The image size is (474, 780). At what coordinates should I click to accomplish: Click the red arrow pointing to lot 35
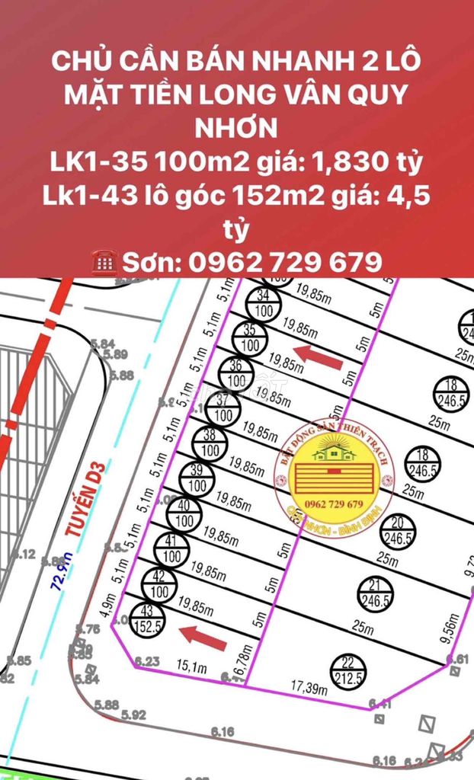(x=319, y=356)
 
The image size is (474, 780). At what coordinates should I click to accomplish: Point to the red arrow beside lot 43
(x=203, y=636)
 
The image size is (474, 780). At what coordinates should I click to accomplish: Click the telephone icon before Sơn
(x=103, y=262)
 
